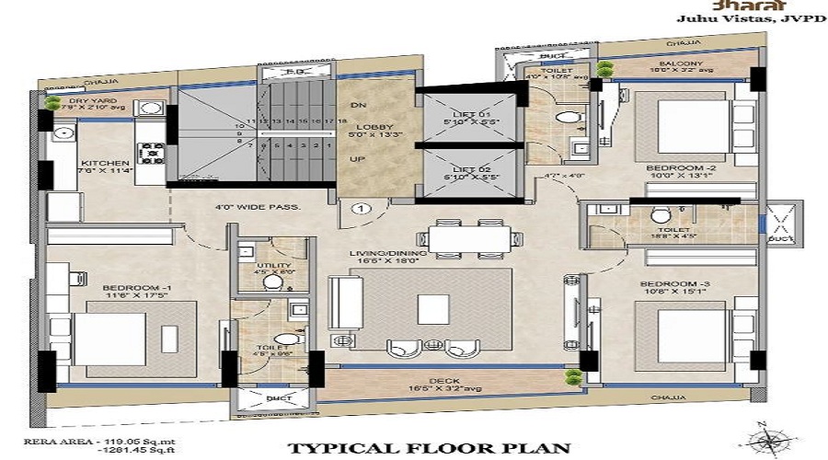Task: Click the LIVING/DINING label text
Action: click(x=383, y=251)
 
